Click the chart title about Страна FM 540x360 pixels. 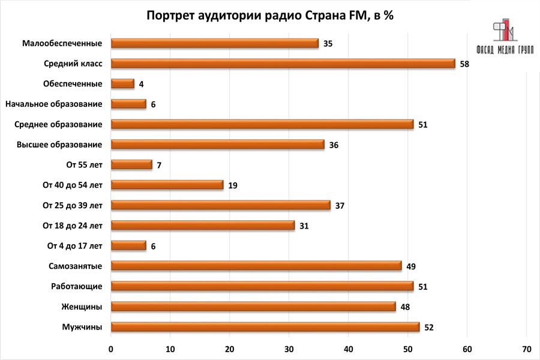[x=270, y=16]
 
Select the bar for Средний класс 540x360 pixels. [x=283, y=63]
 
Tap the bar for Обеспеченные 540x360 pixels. [x=123, y=83]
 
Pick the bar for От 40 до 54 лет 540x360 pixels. [x=167, y=185]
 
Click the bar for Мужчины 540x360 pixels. [x=266, y=326]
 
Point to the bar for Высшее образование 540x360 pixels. [x=218, y=144]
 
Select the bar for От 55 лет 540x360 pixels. [x=132, y=164]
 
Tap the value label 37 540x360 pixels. [x=339, y=206]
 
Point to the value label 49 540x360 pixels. [x=410, y=266]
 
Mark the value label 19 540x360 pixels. [x=233, y=185]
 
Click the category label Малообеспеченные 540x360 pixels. [x=62, y=43]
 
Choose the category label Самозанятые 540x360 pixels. [x=75, y=266]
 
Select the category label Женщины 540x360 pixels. [x=82, y=307]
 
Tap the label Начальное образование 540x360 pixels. [x=53, y=104]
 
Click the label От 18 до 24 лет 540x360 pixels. [x=73, y=226]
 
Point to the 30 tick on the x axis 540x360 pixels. [x=289, y=349]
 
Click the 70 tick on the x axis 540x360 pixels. [x=527, y=349]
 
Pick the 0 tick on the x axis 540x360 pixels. [x=111, y=349]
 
